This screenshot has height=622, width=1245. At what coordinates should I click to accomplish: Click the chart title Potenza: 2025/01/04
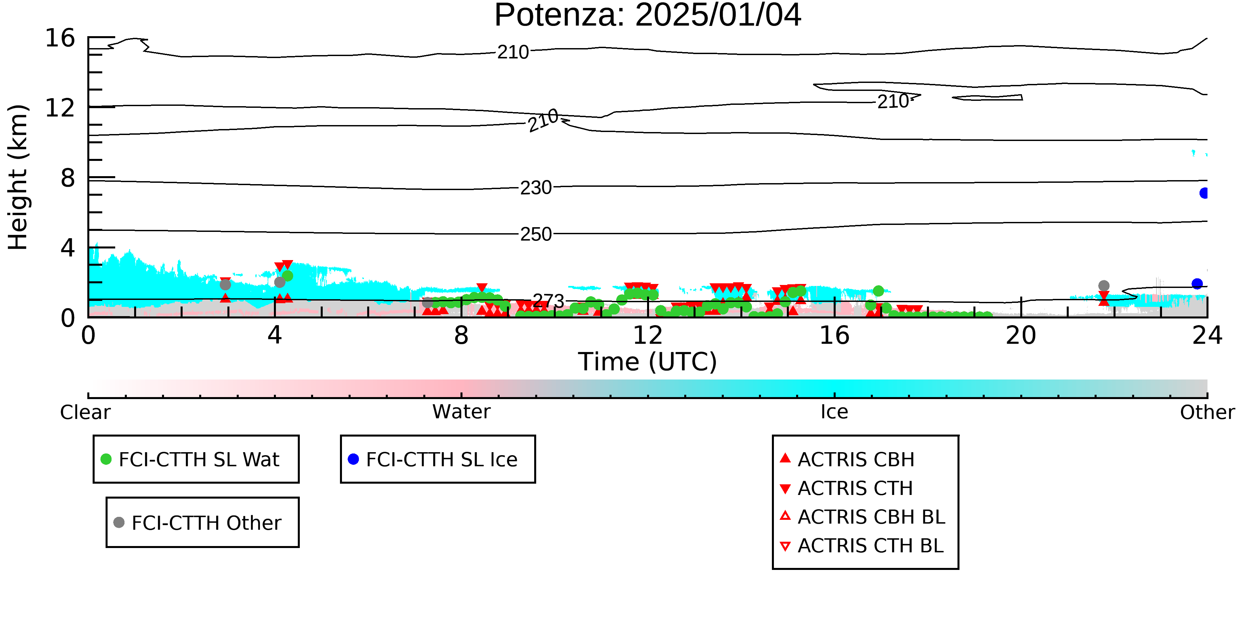coord(648,16)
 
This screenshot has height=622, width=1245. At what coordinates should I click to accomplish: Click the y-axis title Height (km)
coord(18,177)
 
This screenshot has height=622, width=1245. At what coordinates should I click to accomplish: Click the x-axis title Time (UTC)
coord(648,362)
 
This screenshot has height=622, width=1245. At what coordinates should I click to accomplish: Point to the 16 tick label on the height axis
coord(60,38)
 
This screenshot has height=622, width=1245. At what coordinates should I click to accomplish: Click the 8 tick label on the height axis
coord(68,178)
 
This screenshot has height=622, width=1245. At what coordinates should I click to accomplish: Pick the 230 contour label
coord(536,188)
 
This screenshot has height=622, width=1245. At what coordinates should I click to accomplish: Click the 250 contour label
coord(536,234)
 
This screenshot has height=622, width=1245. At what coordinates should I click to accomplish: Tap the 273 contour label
coord(548,301)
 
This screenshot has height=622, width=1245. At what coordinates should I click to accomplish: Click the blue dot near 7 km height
coord(1204,193)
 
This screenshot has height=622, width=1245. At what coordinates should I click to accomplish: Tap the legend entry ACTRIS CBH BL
coord(863,517)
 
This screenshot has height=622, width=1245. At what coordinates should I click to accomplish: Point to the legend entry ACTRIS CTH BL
coord(862,546)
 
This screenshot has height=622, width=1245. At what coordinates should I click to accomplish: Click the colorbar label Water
coord(461,412)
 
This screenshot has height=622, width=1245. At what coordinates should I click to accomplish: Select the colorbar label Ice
coord(834,412)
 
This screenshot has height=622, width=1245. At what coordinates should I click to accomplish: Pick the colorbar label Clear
coord(86,412)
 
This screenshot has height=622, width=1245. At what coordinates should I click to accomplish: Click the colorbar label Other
coord(1207,412)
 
